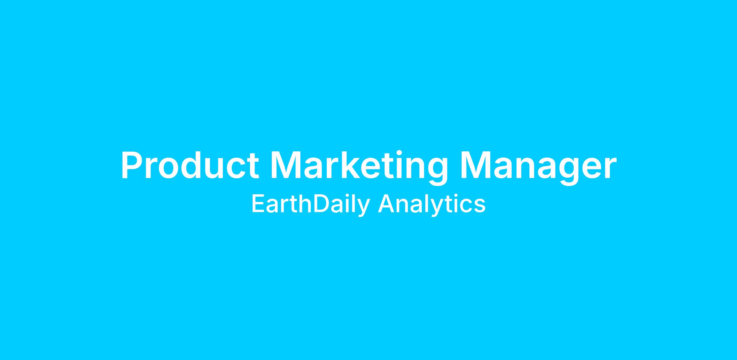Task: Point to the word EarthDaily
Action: (311, 205)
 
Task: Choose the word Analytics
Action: (432, 205)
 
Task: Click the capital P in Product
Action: (132, 165)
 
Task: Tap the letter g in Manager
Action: (569, 172)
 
